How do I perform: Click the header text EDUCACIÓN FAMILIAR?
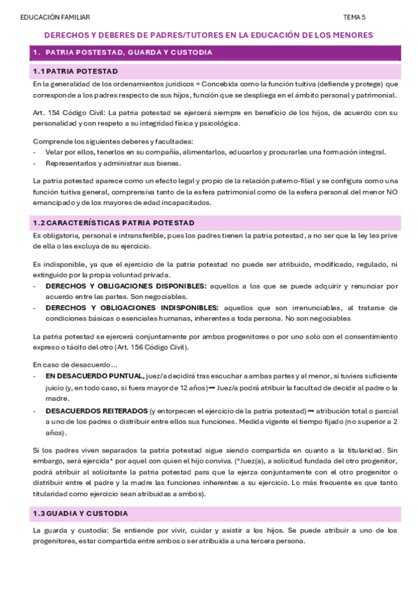coord(55,17)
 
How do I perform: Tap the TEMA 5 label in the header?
coord(354,17)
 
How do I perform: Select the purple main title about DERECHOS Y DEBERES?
coord(209,35)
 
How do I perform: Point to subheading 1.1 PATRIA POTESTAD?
coord(75,71)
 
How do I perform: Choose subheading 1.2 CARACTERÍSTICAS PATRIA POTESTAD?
coord(113,222)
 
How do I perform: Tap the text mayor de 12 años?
coord(181,387)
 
